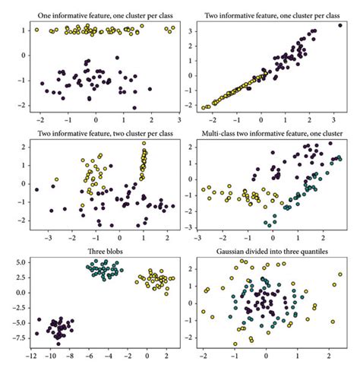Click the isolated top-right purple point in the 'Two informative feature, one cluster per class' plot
pyautogui.click(x=339, y=26)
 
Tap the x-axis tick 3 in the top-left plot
pyautogui.click(x=178, y=120)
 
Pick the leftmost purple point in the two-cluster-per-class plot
pyautogui.click(x=36, y=189)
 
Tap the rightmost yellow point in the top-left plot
pyautogui.click(x=173, y=28)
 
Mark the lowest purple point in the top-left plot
pyautogui.click(x=134, y=108)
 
